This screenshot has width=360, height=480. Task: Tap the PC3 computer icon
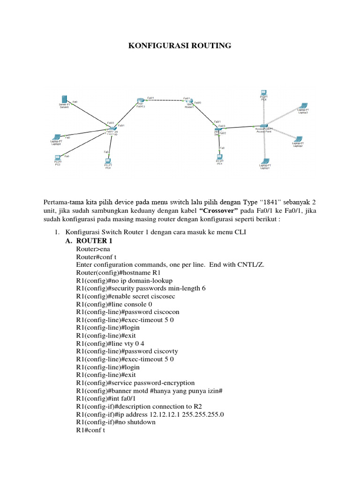[58, 158]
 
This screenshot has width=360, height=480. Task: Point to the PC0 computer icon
[108, 161]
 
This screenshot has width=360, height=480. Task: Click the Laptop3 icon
[303, 106]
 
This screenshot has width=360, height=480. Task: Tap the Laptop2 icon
[298, 139]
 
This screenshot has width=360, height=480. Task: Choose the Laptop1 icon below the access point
[265, 161]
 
